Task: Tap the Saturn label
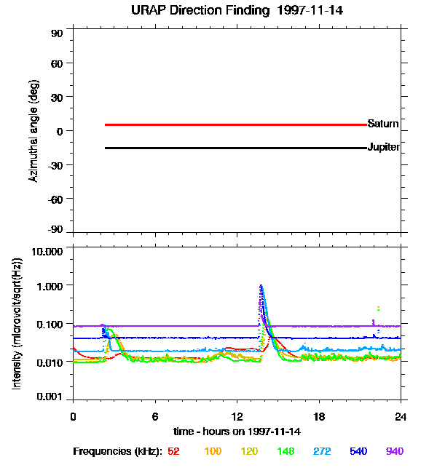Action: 382,123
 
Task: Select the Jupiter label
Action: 383,147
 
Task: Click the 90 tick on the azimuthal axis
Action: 57,33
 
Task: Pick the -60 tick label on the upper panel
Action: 55,198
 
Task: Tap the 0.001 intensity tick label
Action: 50,397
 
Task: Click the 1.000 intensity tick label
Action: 50,286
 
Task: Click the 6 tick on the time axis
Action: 154,416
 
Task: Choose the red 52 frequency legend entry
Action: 173,451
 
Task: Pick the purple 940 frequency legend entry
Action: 394,451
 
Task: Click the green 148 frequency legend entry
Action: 286,451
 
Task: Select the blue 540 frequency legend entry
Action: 358,451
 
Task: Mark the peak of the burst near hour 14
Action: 261,285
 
